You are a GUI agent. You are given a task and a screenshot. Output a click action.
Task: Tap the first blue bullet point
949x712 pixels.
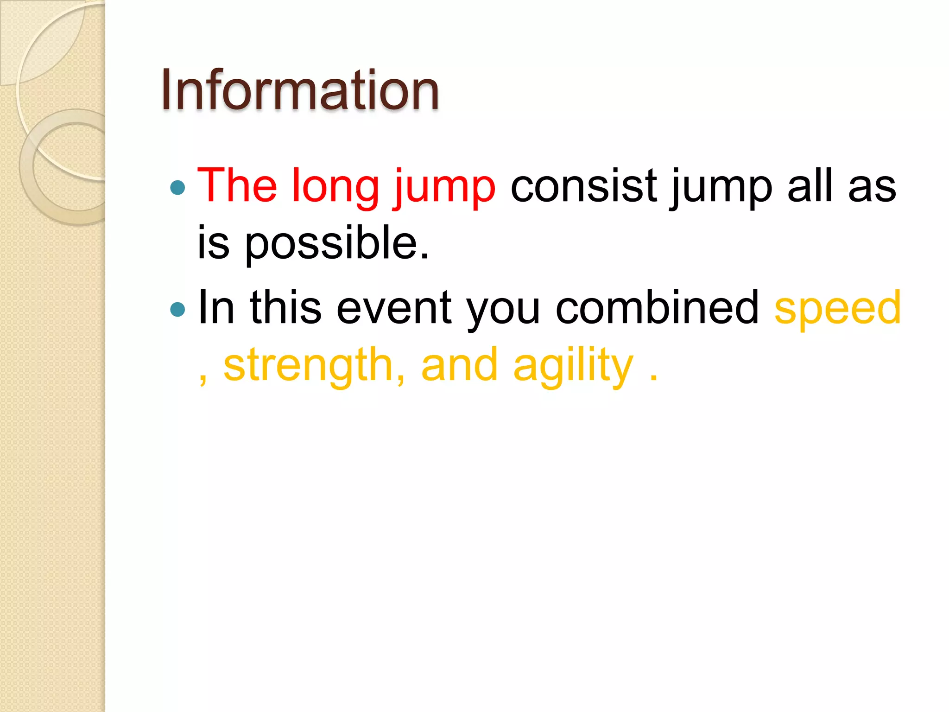tap(177, 188)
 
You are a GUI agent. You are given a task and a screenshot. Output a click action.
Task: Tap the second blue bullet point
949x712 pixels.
tap(177, 309)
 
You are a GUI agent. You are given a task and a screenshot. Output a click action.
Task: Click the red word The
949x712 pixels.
tap(237, 185)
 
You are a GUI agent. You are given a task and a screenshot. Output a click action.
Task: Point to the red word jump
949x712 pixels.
tap(444, 188)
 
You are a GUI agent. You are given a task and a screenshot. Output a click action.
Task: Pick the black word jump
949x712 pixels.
tap(721, 188)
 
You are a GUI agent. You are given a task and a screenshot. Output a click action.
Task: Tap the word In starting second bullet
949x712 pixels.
tap(216, 307)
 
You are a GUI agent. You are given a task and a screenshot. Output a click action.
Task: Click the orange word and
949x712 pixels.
tap(459, 365)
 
